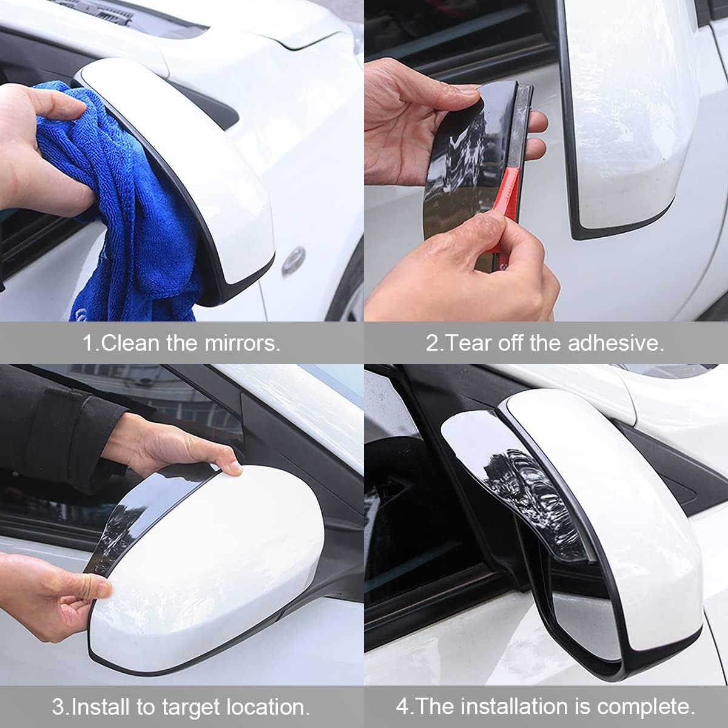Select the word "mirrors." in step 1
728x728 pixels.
tap(243, 343)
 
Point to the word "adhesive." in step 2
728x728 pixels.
tap(616, 343)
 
